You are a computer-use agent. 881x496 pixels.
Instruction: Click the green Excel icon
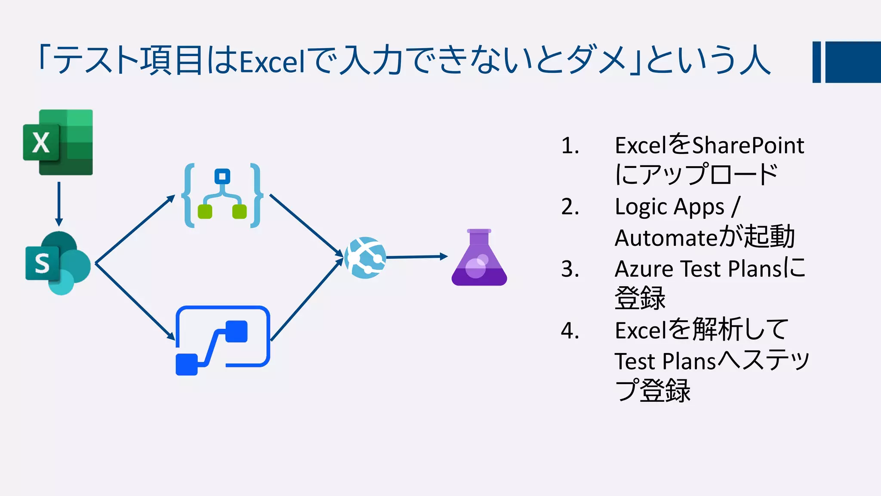coord(58,142)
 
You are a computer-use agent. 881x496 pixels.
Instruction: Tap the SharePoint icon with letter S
coord(58,263)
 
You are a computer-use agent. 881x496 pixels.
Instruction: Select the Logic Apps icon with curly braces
coord(222,195)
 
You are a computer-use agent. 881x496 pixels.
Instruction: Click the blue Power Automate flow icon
coord(222,340)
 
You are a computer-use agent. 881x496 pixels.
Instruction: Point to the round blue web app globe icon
coord(365,258)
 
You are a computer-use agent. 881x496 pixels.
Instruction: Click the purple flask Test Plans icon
coord(479,258)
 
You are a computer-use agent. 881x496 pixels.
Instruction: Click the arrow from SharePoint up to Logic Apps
coord(135,229)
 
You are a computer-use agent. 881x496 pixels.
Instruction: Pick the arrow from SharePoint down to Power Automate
coord(135,301)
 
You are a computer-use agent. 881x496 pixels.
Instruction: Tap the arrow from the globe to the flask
coord(416,257)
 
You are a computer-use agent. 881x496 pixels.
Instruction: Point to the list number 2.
coord(570,207)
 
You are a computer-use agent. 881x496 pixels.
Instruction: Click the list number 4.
coord(570,331)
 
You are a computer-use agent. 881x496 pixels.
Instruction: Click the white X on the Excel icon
coord(41,143)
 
